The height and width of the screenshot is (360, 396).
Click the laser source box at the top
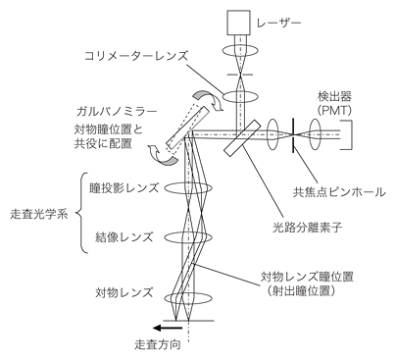point(239,23)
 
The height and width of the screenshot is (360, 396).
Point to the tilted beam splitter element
point(247,137)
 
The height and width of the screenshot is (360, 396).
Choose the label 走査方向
point(161,345)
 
